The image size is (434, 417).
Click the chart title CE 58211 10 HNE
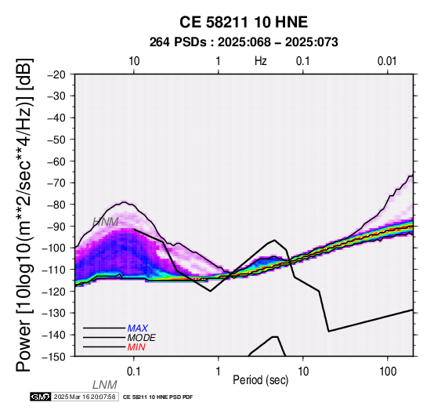tap(244, 22)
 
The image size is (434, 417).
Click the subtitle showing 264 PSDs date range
tap(244, 42)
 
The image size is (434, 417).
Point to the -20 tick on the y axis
tap(56, 74)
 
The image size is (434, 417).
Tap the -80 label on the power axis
tap(56, 205)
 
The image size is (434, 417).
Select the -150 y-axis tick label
tap(54, 357)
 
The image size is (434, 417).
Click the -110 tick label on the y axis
tap(54, 270)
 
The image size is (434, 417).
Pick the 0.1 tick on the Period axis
tap(134, 372)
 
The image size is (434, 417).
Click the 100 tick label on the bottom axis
tap(388, 372)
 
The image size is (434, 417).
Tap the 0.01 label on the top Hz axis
tap(387, 61)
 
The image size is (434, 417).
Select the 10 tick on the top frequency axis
tap(134, 61)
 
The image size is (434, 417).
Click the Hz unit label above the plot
tap(260, 61)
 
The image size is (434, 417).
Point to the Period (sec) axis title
tap(260, 380)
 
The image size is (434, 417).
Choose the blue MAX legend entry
tap(138, 328)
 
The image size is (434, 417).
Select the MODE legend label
tap(142, 338)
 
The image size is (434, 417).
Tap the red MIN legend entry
tap(136, 347)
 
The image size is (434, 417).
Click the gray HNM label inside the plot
tap(106, 222)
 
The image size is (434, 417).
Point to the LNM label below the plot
tap(105, 385)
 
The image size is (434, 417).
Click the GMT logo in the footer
tap(41, 397)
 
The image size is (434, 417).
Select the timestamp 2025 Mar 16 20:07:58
tap(85, 397)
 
